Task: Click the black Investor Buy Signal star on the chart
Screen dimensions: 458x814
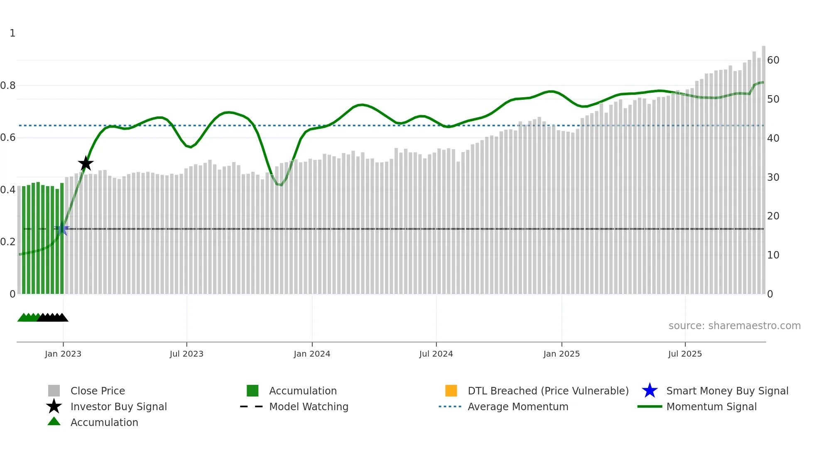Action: (x=86, y=163)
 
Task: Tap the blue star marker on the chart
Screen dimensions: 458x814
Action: (x=61, y=229)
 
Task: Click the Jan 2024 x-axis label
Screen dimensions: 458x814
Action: (x=312, y=354)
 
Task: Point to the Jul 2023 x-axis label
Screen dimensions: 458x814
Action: (x=186, y=354)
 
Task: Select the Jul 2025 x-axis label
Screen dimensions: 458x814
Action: (x=685, y=354)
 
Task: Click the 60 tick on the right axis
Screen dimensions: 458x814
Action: (x=773, y=60)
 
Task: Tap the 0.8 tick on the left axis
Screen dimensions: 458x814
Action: (x=8, y=86)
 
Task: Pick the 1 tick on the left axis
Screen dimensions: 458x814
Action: (x=12, y=33)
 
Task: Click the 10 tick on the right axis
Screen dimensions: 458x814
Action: (x=773, y=255)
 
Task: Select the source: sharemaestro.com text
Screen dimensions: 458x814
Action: (x=734, y=326)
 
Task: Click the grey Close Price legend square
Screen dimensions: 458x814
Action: (x=54, y=391)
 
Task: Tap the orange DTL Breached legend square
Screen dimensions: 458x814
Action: (x=451, y=391)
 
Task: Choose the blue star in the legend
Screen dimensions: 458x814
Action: (x=650, y=391)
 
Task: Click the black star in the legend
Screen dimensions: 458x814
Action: (x=54, y=406)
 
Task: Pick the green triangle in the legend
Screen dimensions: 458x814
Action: (x=54, y=422)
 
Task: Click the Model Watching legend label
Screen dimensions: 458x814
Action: (x=309, y=406)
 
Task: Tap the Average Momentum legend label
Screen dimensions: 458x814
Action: (x=518, y=406)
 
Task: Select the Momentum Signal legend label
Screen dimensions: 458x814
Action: (x=711, y=406)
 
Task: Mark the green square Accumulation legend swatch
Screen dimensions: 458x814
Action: (x=253, y=391)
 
